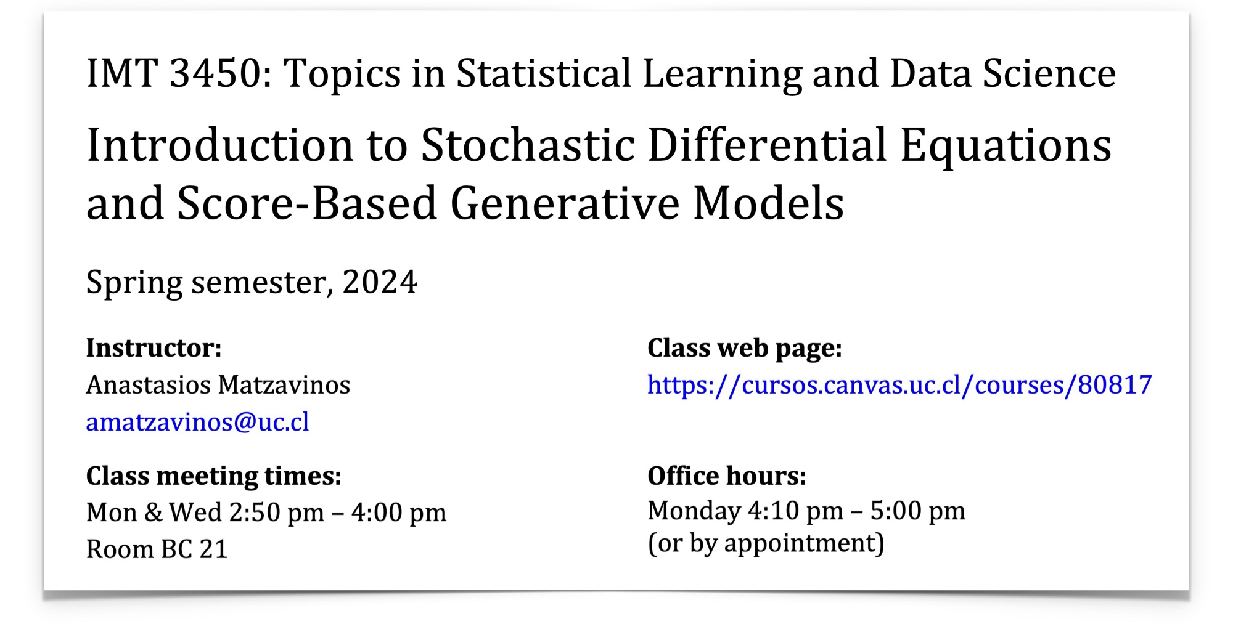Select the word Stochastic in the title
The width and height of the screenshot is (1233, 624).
tap(528, 145)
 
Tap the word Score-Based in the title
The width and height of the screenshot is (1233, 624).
tap(307, 203)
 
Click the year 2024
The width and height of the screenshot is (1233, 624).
tap(380, 282)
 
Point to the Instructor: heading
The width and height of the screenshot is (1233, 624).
tap(154, 348)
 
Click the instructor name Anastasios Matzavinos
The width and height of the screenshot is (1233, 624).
tap(218, 385)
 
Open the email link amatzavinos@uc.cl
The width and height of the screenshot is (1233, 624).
tap(197, 422)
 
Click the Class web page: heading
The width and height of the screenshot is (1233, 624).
tap(744, 348)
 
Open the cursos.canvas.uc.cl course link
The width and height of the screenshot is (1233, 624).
tap(899, 385)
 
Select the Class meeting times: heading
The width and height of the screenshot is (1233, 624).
tap(213, 476)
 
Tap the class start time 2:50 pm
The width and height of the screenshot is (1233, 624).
tap(276, 513)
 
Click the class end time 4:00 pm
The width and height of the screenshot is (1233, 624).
tap(399, 513)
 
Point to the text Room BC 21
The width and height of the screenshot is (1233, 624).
tap(157, 549)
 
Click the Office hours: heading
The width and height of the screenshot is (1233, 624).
tap(726, 476)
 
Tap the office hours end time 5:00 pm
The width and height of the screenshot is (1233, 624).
tap(917, 511)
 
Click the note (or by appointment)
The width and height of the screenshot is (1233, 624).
tap(766, 543)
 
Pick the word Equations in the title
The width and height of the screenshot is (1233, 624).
tap(1006, 147)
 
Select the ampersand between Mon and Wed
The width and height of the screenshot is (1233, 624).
tap(154, 513)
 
